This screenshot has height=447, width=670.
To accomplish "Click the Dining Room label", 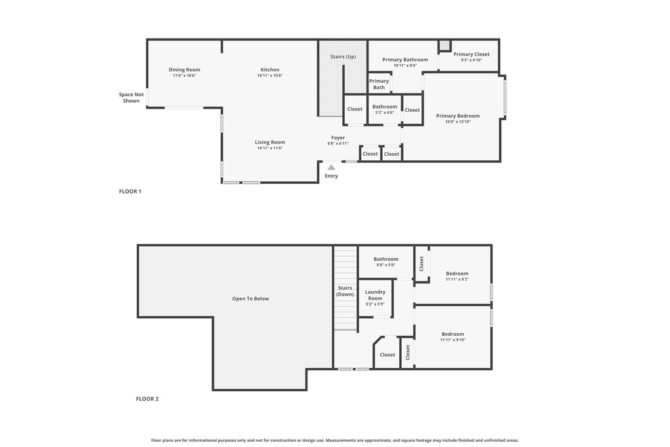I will (184, 69).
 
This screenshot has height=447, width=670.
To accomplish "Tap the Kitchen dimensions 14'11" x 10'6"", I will (270, 76).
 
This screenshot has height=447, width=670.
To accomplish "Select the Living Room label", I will (270, 142).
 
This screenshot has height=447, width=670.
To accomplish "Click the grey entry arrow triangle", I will (331, 168).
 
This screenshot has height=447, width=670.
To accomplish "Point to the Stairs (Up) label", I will (343, 57).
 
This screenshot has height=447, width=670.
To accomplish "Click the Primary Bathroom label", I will (405, 60).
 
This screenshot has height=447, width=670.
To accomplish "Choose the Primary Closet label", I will (471, 54).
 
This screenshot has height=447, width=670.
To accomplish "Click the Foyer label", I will (338, 137).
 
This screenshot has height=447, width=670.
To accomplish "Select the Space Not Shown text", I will (131, 98).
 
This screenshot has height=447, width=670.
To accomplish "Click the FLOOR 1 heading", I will (130, 192).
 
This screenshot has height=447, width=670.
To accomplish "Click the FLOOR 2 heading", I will (147, 399).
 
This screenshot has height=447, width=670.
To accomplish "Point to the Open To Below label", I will (251, 298).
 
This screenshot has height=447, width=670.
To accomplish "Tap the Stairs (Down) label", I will (345, 291).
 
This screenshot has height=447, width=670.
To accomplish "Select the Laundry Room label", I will (375, 295).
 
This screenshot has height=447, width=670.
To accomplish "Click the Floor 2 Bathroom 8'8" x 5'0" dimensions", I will (386, 265).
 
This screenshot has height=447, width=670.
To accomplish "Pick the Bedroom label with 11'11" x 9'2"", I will (457, 274).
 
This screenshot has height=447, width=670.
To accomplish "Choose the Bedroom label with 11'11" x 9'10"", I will (452, 334).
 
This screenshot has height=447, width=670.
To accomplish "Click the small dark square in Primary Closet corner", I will (444, 45).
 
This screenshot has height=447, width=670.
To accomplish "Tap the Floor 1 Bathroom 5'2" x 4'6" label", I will (385, 107).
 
